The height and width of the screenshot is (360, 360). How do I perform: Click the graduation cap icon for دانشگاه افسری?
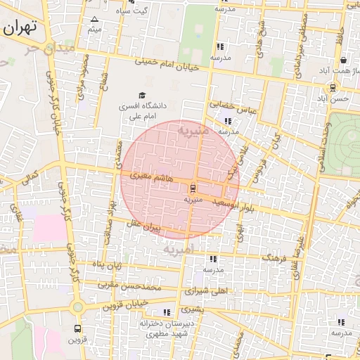(142, 96)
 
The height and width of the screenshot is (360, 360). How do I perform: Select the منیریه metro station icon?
(191, 188)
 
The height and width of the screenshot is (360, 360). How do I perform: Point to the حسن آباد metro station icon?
(333, 87)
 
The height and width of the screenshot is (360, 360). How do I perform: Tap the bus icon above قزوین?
(77, 328)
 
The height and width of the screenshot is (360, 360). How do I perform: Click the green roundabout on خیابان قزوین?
(77, 307)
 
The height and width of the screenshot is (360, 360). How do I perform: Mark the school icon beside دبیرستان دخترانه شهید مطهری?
(166, 312)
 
